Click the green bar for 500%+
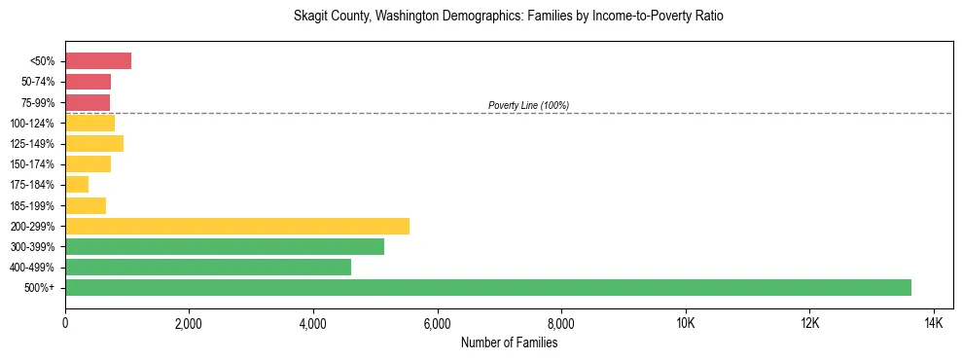click(x=487, y=287)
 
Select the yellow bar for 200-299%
click(x=237, y=226)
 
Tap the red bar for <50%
click(x=98, y=61)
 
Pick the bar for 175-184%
click(x=77, y=184)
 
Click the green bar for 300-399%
click(x=225, y=246)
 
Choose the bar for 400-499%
click(x=208, y=267)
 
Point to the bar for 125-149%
click(x=94, y=143)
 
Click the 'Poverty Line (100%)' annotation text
click(x=528, y=105)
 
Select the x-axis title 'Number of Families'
click(x=509, y=342)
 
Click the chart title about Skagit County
click(x=509, y=17)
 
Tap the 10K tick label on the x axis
click(x=685, y=324)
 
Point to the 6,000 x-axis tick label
click(x=437, y=324)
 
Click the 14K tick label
click(x=933, y=324)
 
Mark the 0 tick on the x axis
click(x=65, y=324)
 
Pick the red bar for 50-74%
click(x=88, y=82)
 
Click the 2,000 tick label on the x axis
click(x=189, y=324)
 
